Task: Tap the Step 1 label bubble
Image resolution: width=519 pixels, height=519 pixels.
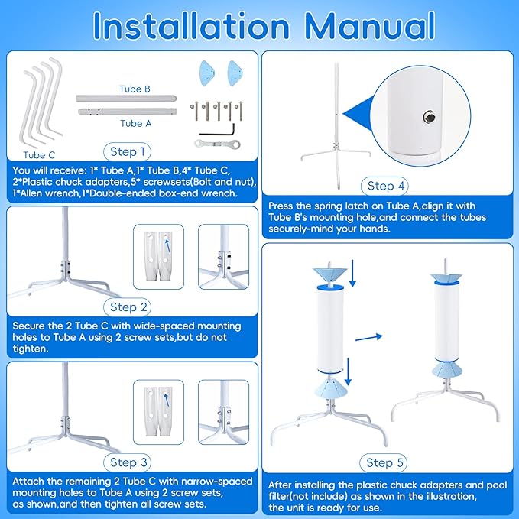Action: (128, 151)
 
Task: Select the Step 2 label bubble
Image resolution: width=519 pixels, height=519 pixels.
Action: (128, 307)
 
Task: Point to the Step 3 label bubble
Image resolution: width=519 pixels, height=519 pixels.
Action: (128, 462)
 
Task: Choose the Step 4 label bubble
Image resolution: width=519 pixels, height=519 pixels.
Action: (391, 186)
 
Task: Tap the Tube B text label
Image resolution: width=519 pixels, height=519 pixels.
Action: (134, 89)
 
